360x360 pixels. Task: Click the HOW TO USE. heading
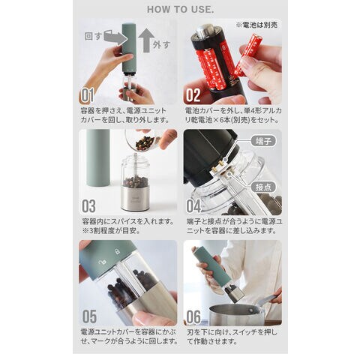click(x=180, y=10)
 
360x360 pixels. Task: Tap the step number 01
click(x=87, y=95)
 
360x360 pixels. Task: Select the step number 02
click(x=193, y=95)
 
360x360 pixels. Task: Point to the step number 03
click(x=88, y=206)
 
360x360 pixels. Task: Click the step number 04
click(x=193, y=206)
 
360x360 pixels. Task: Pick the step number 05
click(x=89, y=316)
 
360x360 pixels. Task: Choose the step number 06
click(x=193, y=316)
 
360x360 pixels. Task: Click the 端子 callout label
click(x=263, y=141)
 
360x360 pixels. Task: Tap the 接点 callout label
click(x=263, y=187)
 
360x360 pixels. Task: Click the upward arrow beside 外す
click(x=146, y=40)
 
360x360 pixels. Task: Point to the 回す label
click(x=93, y=37)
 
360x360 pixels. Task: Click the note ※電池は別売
click(x=256, y=25)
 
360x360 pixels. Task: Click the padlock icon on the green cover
click(x=117, y=251)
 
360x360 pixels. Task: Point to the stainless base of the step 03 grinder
click(x=135, y=199)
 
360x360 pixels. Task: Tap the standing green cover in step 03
click(x=98, y=158)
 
